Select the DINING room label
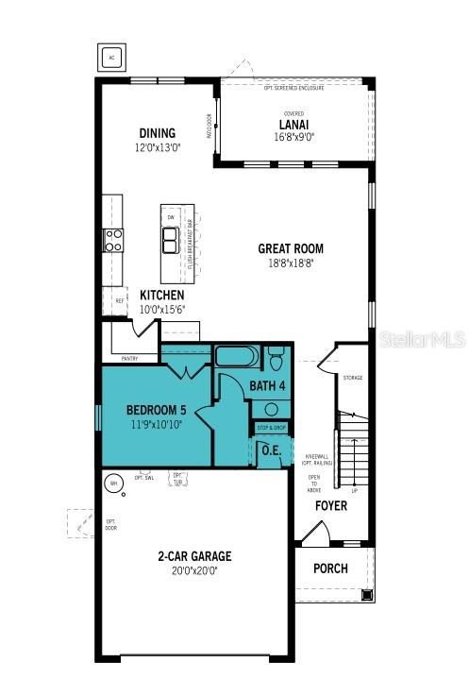pos(157,133)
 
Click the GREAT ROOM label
pos(291,249)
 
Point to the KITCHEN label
pos(162,295)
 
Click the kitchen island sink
pos(172,241)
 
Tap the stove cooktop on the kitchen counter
pos(113,240)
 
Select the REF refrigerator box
pos(120,301)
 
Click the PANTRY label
pos(130,359)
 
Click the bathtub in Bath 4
pos(236,357)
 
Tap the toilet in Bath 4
pos(276,359)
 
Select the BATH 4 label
pos(268,386)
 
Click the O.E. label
pos(271,450)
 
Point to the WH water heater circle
pos(113,484)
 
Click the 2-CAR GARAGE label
pos(194,556)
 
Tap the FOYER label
pos(331,506)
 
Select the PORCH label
pos(330,569)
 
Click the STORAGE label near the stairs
pos(354,377)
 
